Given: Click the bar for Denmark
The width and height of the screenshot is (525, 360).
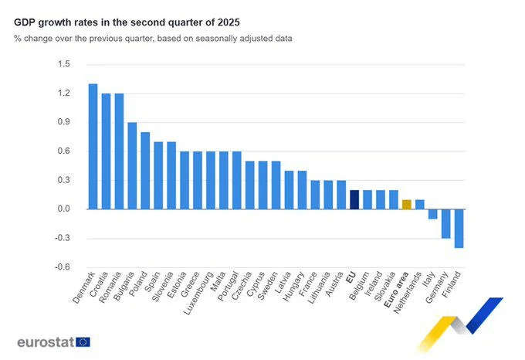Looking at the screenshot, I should tap(93, 146).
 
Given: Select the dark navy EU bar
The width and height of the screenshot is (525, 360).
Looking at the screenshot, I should tap(354, 199).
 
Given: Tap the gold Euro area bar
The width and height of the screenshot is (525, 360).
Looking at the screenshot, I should tap(406, 204).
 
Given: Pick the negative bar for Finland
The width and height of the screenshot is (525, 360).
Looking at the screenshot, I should tap(459, 228).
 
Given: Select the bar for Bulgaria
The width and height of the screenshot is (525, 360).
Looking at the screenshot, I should tap(132, 165).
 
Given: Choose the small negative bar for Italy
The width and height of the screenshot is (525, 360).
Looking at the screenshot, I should tap(432, 214).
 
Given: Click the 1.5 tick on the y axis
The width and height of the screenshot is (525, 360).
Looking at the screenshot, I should tap(63, 64).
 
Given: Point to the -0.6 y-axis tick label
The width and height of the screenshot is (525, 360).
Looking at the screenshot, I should tap(62, 267).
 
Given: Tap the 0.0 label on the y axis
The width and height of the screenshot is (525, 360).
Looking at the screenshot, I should tap(63, 209).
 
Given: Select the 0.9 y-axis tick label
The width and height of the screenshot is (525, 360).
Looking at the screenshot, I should tap(63, 122).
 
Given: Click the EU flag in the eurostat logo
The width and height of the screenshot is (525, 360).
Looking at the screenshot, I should tap(83, 341).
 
